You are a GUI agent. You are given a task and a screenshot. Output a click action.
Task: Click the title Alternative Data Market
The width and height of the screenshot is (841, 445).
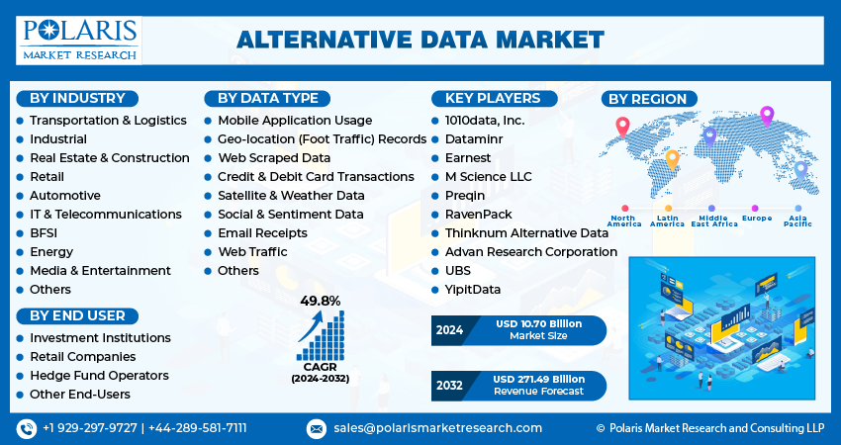coord(420,40)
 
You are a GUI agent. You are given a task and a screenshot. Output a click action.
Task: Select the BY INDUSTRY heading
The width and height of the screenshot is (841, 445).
coord(77,98)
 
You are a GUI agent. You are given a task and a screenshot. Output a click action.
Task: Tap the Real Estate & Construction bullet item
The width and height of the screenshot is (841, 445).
coord(109,157)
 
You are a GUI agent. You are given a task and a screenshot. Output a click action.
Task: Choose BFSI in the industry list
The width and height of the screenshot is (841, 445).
coord(45,232)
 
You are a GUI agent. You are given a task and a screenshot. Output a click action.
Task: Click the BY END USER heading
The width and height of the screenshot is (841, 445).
coord(77,315)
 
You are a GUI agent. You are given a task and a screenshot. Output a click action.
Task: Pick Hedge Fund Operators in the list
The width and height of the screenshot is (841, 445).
coord(99,376)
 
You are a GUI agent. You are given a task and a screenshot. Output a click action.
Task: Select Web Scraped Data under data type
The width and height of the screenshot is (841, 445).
coord(273,157)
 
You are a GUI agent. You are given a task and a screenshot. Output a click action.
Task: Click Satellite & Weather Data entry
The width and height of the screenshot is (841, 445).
coord(291,195)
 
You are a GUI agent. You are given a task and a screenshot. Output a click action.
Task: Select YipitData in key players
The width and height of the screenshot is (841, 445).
coord(473,289)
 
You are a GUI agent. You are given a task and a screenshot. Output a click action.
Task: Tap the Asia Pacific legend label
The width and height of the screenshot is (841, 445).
coord(797,221)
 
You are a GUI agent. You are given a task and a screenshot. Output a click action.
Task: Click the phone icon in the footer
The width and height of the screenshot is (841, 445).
coord(26,427)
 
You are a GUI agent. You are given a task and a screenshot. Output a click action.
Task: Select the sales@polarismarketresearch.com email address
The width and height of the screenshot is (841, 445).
coord(437,427)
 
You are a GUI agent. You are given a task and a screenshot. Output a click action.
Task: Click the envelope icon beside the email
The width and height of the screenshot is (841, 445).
coord(317,428)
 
